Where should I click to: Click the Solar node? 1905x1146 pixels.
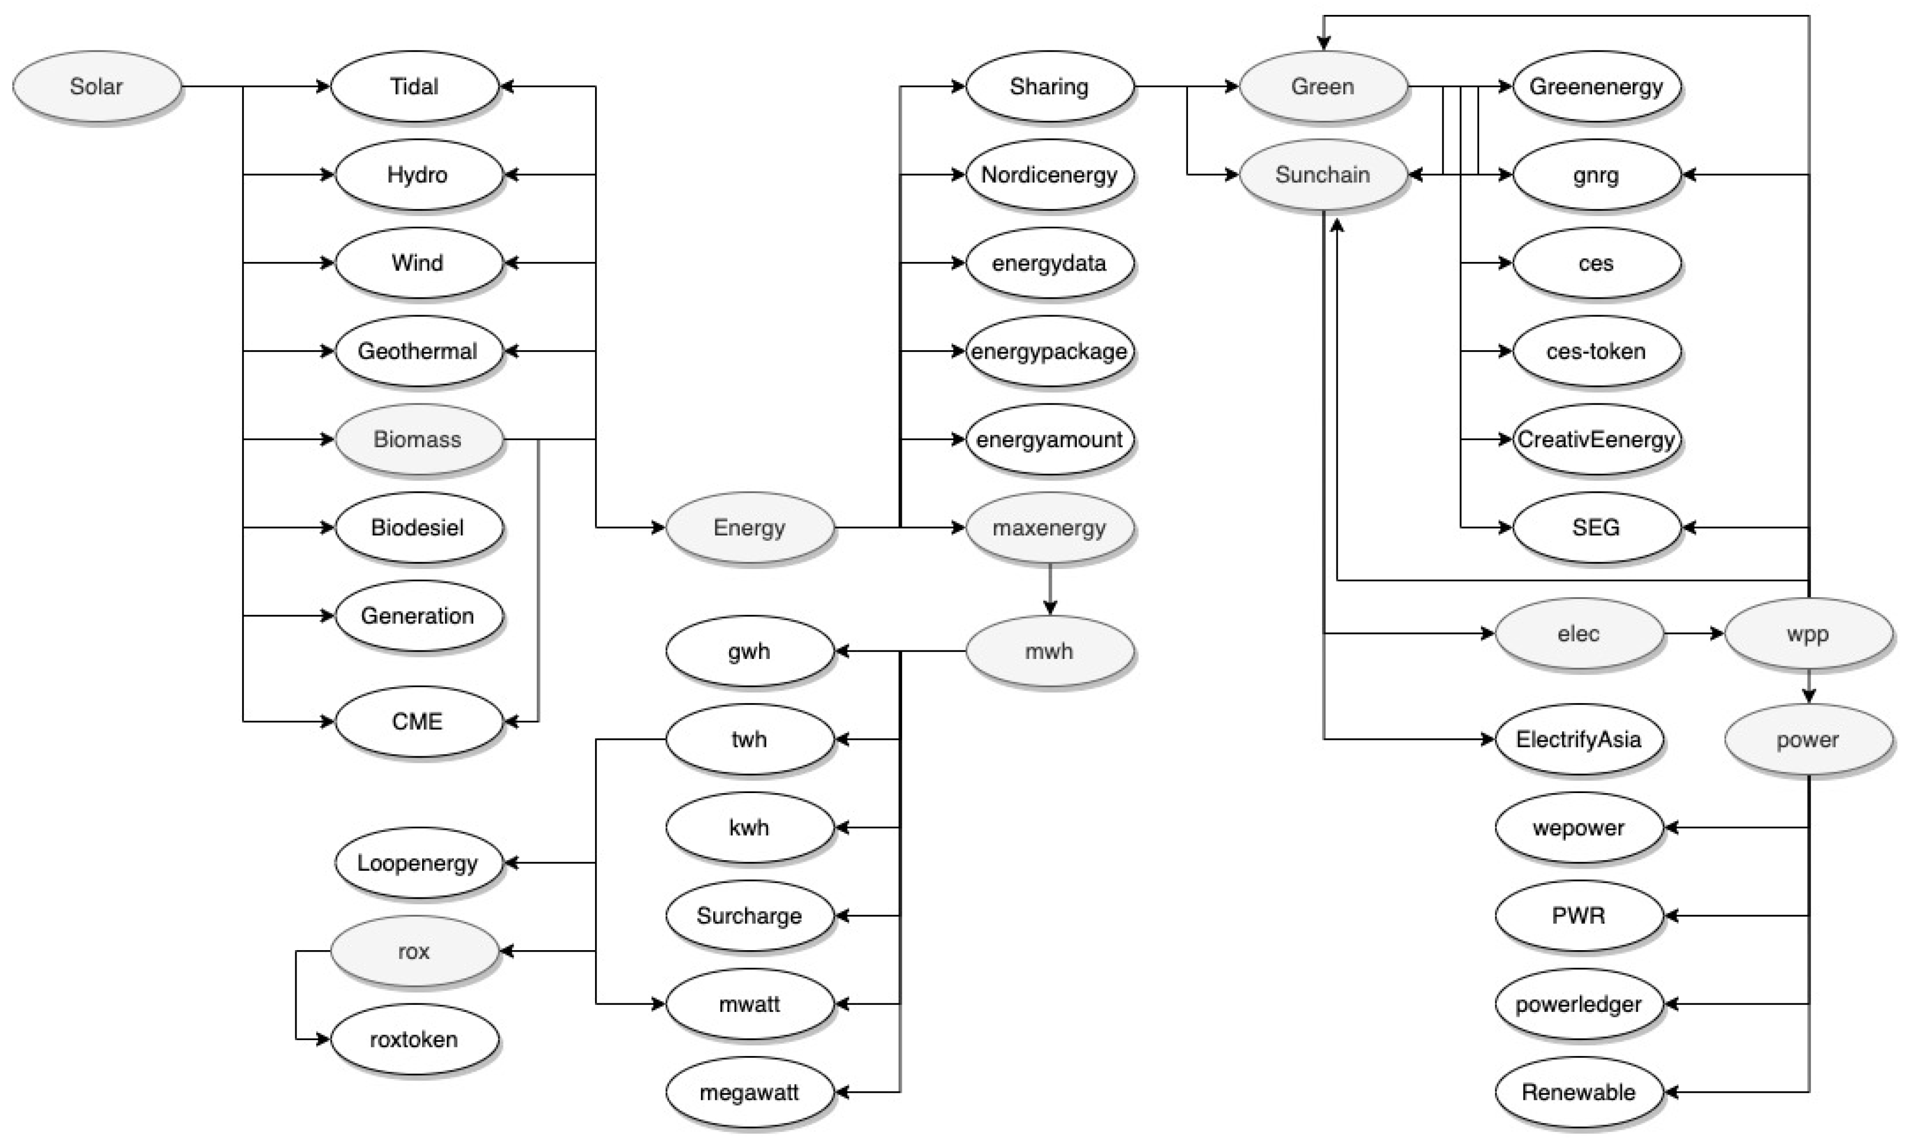point(96,86)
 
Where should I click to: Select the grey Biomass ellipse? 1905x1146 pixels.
point(417,440)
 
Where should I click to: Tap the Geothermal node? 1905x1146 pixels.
point(417,351)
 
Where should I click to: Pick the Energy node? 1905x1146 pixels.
point(749,528)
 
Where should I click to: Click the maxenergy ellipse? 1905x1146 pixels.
point(1049,528)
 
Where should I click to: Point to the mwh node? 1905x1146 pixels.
point(1049,651)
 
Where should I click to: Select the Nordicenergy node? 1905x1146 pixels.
point(1049,175)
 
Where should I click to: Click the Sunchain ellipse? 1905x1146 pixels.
point(1322,175)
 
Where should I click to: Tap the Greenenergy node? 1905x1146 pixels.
point(1595,86)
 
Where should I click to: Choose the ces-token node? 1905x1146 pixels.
point(1595,351)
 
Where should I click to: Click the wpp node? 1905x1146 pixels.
point(1807,634)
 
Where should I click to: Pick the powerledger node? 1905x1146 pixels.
point(1578,1004)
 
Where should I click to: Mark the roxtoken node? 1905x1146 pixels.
point(414,1040)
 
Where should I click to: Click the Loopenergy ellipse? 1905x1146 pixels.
point(417,863)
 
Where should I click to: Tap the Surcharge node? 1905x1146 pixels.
point(749,916)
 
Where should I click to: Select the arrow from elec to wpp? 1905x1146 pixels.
point(1693,634)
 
